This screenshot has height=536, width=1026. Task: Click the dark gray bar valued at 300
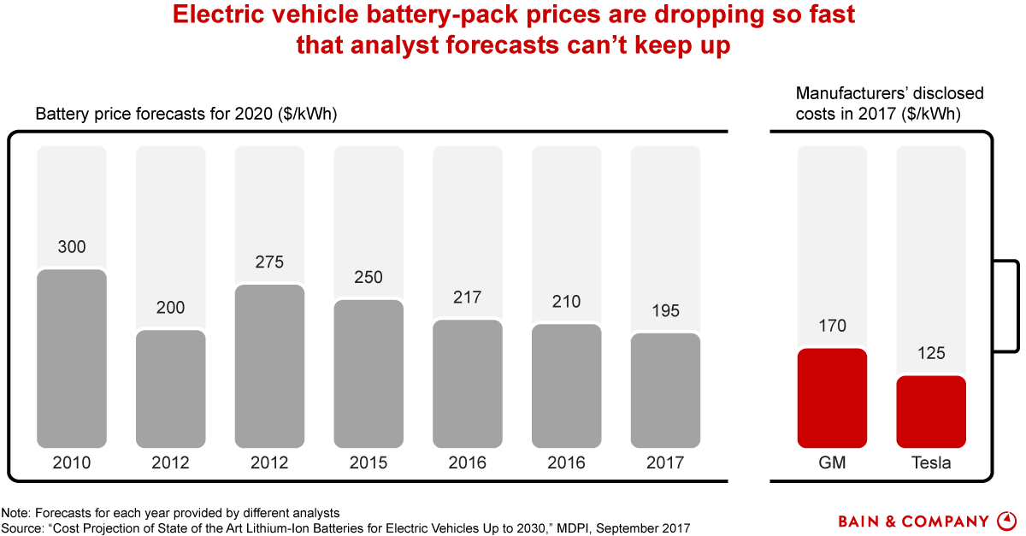click(72, 359)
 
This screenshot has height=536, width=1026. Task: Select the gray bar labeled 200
click(171, 389)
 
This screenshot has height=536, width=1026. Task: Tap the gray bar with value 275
click(269, 366)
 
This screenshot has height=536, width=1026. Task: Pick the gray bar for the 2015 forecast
click(369, 374)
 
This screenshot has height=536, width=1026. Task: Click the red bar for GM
click(832, 398)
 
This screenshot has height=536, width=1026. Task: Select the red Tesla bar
click(931, 412)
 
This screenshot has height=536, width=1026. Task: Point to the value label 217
click(468, 297)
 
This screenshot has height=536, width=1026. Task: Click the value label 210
click(566, 302)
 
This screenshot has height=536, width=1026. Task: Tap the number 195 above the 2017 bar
click(665, 311)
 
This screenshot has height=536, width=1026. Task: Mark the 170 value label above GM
click(832, 326)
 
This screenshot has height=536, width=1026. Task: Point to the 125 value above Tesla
click(931, 353)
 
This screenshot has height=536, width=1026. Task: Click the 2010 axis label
click(72, 463)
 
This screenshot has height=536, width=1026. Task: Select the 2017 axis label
click(665, 463)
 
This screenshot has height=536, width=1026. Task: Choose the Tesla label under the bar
click(931, 463)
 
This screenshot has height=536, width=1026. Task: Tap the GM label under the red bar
click(832, 463)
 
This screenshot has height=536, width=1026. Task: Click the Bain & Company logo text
click(913, 521)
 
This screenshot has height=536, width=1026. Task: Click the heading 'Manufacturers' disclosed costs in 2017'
click(889, 103)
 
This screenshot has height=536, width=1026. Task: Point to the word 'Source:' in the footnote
click(23, 528)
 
